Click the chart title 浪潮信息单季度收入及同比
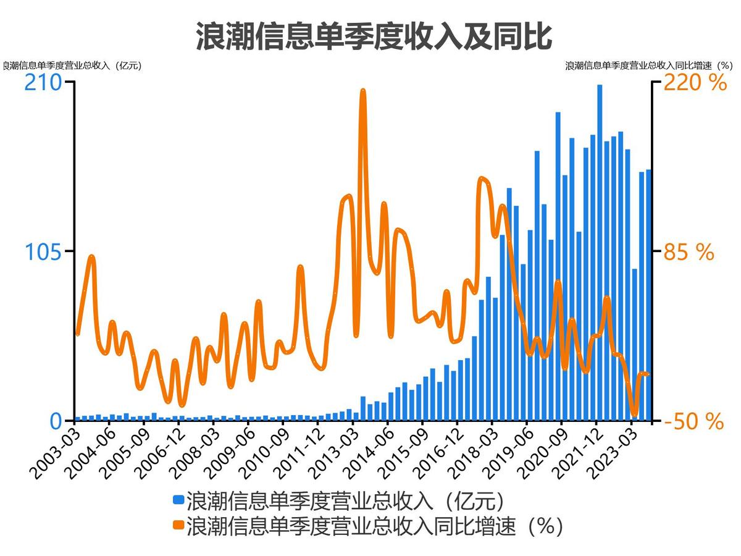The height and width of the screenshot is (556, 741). (x=373, y=36)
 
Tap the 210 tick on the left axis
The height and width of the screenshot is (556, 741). (x=43, y=82)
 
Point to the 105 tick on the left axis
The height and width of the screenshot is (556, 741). (x=43, y=252)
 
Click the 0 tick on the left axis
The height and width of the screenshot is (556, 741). (x=56, y=421)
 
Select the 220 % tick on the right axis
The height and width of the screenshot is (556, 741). (x=695, y=82)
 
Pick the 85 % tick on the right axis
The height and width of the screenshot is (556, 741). (x=689, y=252)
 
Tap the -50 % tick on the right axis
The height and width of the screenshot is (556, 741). (x=693, y=421)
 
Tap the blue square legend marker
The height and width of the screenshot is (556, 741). (x=178, y=499)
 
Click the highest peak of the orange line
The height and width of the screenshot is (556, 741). (x=363, y=91)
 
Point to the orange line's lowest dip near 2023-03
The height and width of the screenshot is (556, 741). (x=634, y=414)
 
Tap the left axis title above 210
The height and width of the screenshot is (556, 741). (x=71, y=65)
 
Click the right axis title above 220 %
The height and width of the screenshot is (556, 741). (x=648, y=65)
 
